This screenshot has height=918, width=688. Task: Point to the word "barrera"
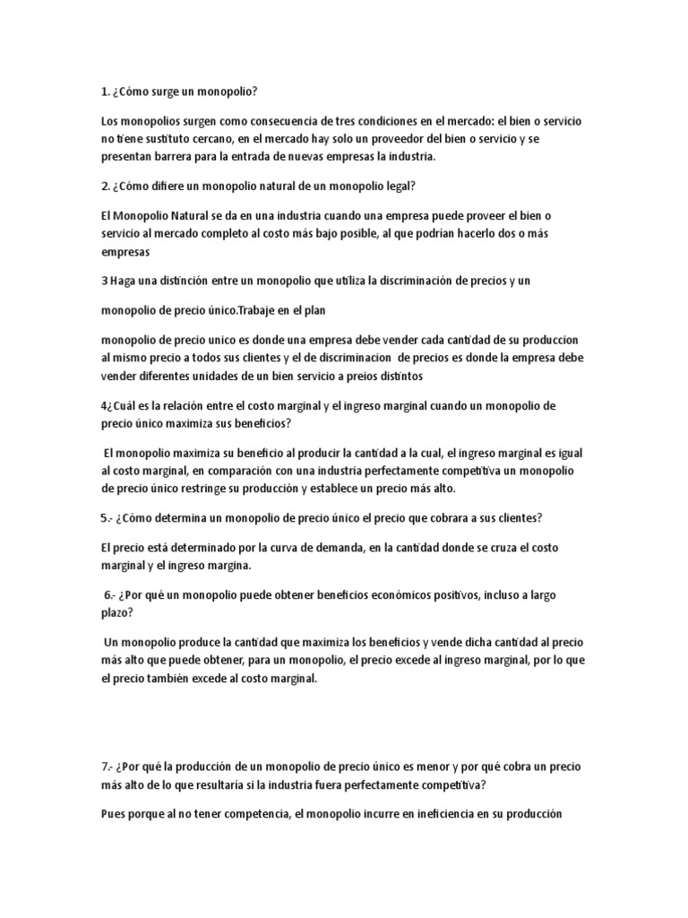(x=183, y=157)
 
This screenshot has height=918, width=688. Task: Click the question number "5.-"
(x=109, y=517)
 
